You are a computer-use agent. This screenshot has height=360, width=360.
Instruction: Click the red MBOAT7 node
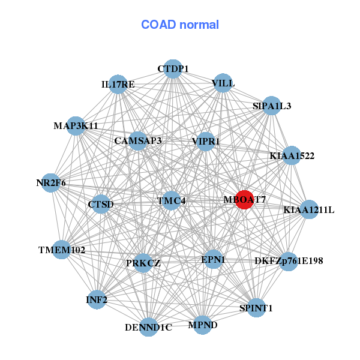click(244, 199)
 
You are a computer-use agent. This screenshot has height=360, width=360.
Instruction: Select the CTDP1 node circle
click(173, 70)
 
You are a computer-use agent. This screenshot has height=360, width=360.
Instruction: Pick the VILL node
click(223, 83)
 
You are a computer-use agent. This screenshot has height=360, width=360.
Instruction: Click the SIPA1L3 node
click(272, 106)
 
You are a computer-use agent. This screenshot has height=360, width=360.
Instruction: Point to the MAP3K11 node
click(76, 126)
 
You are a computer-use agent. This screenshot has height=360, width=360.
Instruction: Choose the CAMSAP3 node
click(138, 142)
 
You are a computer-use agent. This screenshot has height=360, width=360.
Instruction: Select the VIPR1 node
click(206, 142)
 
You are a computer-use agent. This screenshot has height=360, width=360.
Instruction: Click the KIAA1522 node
click(292, 156)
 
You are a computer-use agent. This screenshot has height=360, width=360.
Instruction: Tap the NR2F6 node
click(51, 182)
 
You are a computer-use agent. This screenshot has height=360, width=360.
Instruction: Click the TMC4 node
click(172, 200)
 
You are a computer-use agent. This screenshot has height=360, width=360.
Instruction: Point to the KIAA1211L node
click(308, 210)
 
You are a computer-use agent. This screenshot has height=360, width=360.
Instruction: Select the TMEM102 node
click(62, 250)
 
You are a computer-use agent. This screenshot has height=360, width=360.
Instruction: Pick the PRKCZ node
click(143, 263)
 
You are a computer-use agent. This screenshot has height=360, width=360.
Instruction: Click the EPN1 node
click(213, 260)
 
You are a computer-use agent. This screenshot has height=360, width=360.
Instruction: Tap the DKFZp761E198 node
click(289, 261)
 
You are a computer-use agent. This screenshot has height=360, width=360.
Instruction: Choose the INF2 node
click(97, 299)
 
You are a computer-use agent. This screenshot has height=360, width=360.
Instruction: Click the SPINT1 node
click(256, 308)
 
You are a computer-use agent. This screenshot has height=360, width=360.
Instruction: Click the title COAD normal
click(180, 25)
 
